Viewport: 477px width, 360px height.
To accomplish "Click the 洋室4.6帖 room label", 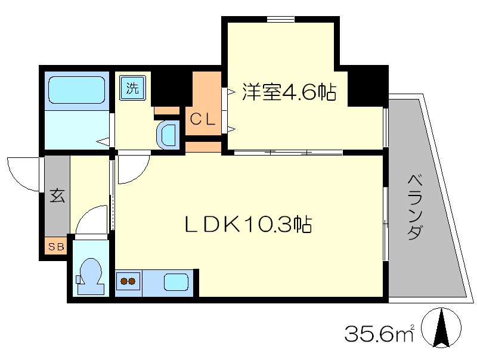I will tap(289, 92).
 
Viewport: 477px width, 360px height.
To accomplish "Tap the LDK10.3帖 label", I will tap(247, 225).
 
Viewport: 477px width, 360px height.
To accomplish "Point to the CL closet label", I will tap(202, 119).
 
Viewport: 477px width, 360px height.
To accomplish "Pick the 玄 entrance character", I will tap(57, 195).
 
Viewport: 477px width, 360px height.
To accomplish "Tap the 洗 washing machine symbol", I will tap(132, 89).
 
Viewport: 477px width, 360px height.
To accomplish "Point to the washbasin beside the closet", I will tap(168, 134).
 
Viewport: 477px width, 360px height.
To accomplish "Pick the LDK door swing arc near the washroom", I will tap(132, 169).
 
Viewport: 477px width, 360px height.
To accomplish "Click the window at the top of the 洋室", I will tap(280, 19).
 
